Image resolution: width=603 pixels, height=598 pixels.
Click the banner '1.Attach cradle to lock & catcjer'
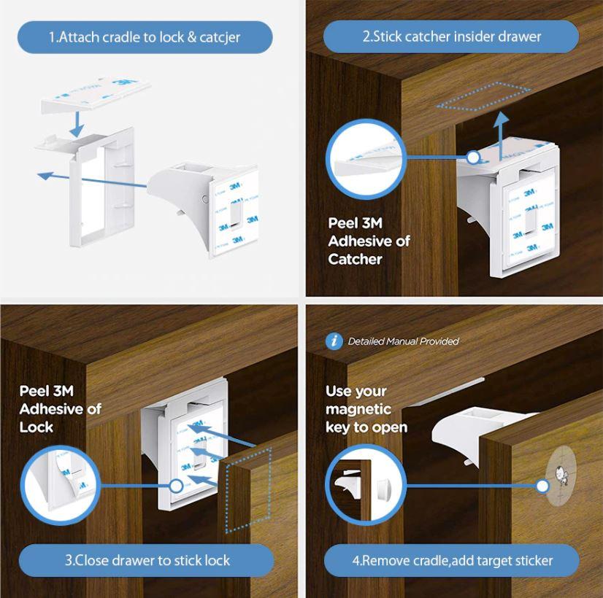click(x=145, y=37)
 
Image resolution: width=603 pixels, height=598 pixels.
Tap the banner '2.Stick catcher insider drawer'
click(x=451, y=36)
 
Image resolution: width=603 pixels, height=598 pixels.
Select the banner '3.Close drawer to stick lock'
click(x=147, y=560)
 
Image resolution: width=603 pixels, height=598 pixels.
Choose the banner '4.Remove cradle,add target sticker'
click(x=452, y=560)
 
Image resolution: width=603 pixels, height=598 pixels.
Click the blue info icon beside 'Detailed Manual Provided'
click(x=334, y=341)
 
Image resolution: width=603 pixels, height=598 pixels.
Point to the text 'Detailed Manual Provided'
click(x=403, y=341)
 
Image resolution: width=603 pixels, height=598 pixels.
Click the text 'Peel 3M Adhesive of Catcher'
click(x=369, y=241)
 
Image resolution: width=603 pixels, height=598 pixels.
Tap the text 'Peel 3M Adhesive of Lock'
click(x=60, y=408)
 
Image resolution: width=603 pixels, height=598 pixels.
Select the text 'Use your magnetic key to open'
click(x=366, y=409)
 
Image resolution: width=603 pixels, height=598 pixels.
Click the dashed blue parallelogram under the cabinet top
click(x=483, y=97)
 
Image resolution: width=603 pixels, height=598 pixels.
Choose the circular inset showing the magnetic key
click(x=362, y=484)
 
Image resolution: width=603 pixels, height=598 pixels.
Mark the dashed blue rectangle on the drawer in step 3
click(x=248, y=488)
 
